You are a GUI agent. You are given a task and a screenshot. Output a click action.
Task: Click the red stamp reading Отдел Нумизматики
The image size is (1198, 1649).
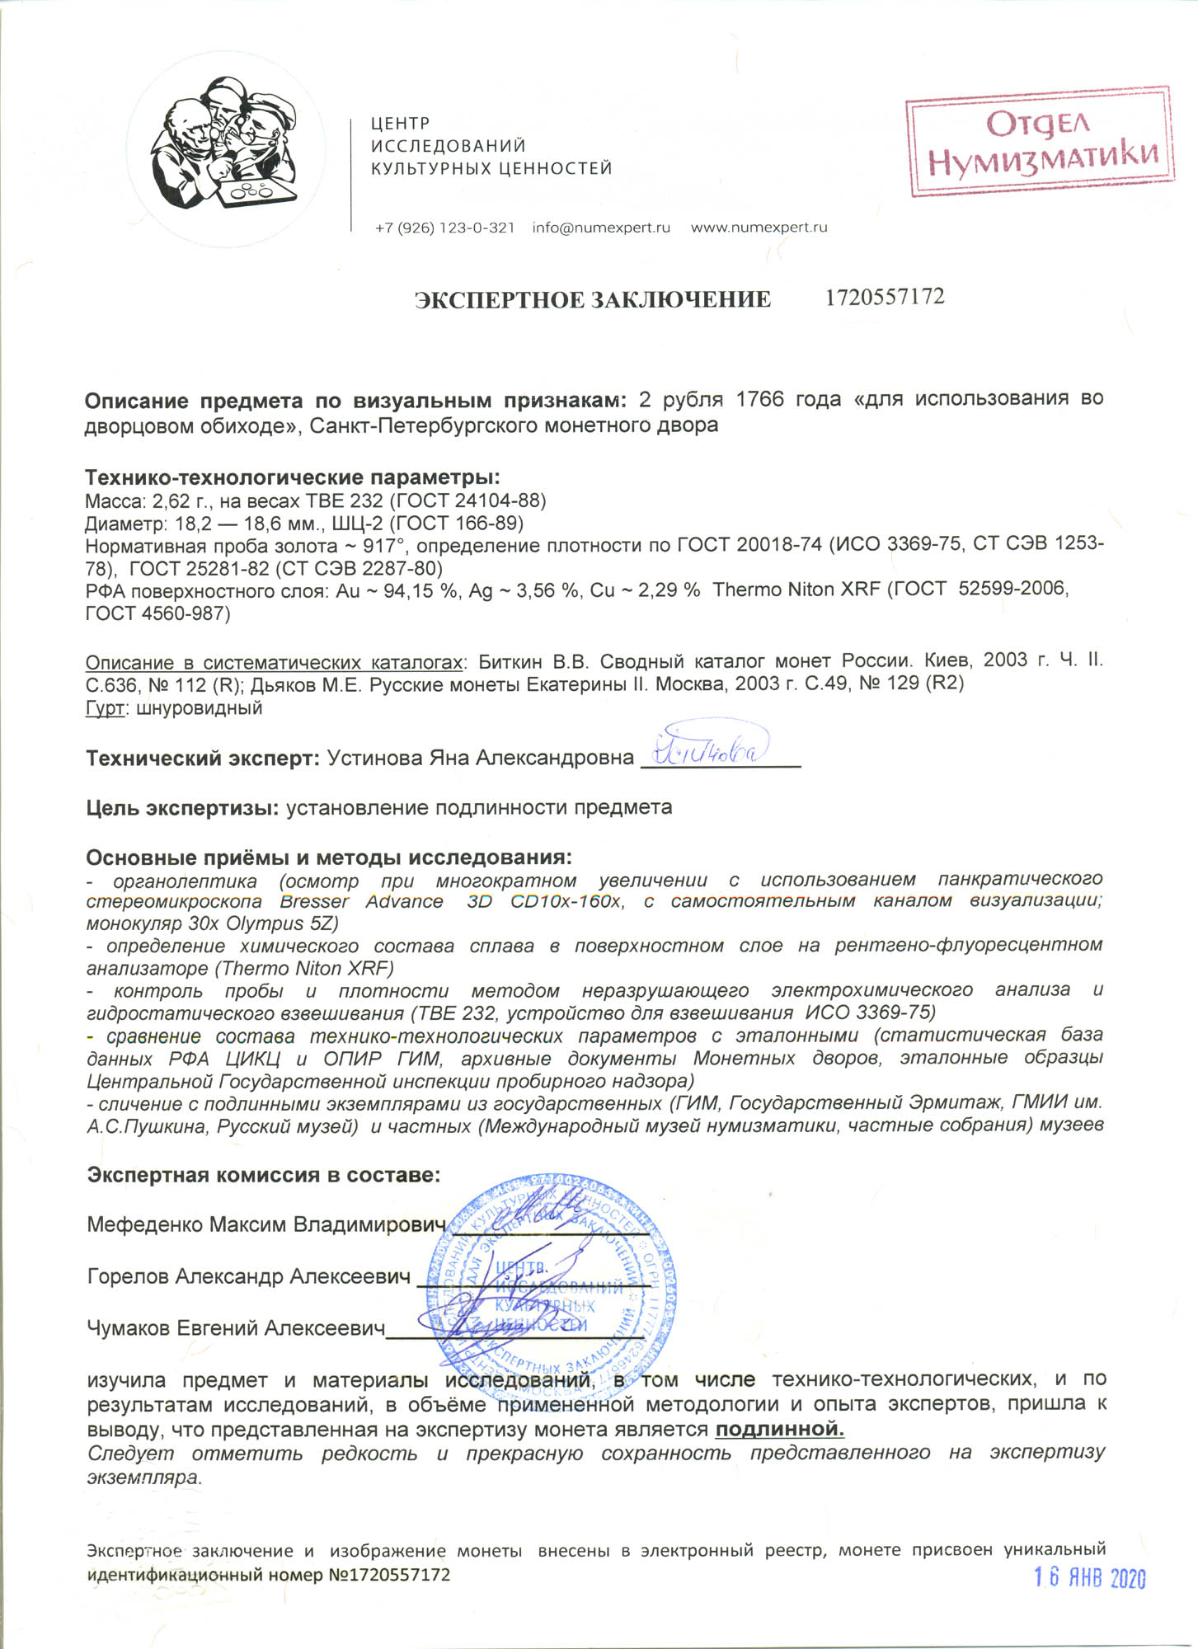(x=1040, y=142)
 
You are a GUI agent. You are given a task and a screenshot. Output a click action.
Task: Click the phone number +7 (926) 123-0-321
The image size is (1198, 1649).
(x=444, y=228)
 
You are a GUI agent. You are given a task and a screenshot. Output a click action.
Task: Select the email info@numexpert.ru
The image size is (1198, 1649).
(x=601, y=228)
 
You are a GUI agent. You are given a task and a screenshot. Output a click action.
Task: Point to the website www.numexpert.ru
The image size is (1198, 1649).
(x=759, y=228)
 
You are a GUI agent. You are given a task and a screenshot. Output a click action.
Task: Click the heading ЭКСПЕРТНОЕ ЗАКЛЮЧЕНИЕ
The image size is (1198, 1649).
(x=592, y=299)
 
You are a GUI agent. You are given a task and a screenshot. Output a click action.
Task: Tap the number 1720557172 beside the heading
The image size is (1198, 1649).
(x=885, y=297)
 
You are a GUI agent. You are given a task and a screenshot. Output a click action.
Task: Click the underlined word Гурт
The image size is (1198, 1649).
(x=105, y=708)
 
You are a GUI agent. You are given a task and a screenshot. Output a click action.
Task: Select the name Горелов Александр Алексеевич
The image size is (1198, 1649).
(x=248, y=1277)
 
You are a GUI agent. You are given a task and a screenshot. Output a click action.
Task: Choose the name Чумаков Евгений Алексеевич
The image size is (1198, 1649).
(x=236, y=1328)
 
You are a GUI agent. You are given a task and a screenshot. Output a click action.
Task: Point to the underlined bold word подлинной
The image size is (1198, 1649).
(x=779, y=1429)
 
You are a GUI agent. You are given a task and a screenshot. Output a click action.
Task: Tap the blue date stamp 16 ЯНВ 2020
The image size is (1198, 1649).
(x=1090, y=1578)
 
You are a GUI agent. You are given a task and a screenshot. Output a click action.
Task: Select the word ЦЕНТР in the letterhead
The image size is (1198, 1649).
(x=400, y=124)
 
